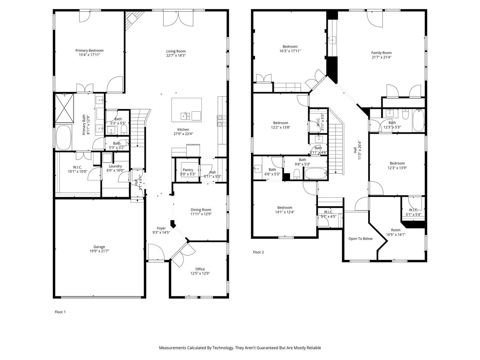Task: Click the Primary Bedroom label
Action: pos(89,51)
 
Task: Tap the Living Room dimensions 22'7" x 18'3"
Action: pos(176,55)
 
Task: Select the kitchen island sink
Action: pos(185,116)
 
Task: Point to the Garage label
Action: pos(99,247)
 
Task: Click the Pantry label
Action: pos(188,170)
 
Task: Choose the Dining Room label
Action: pos(201,210)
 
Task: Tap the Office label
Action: pos(200,269)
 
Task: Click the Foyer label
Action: pos(161,228)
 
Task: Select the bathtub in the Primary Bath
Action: pos(64,137)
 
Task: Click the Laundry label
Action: pos(115,166)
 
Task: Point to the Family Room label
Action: pos(381,52)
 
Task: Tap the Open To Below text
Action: pos(360,239)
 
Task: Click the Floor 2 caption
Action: pos(258,252)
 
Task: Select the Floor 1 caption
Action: pos(60,312)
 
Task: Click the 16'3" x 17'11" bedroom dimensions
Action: pos(290,51)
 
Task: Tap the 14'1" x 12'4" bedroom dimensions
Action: pos(285,212)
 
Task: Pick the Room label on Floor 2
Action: pos(396,230)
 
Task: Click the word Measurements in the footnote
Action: pos(172,348)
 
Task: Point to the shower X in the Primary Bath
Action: pos(64,108)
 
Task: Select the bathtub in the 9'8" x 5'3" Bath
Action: pos(315,173)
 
